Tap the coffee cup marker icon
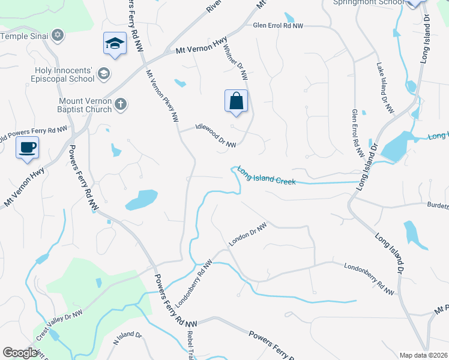click(27, 148)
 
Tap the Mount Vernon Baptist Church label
click(85, 105)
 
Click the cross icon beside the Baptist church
click(120, 105)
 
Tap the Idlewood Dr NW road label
click(215, 136)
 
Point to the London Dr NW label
click(247, 235)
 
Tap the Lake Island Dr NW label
click(385, 89)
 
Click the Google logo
click(20, 353)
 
